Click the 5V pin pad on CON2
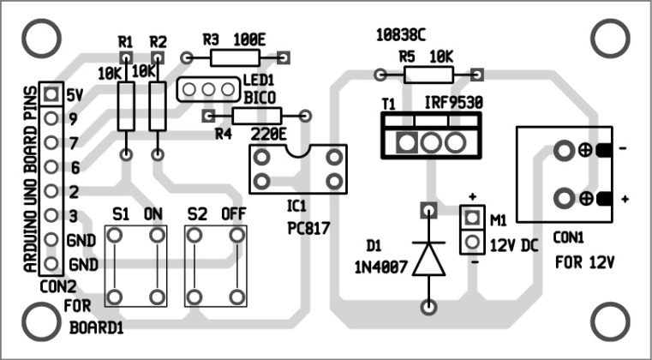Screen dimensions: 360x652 point(51,94)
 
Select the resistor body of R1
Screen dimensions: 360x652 point(126,107)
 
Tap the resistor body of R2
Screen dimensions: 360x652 point(157,107)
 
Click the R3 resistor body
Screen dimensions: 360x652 point(237,58)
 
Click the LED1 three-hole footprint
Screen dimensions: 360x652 point(206,88)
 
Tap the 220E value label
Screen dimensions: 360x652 point(267,134)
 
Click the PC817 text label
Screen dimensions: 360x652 point(309,229)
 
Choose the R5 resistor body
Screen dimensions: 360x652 point(428,75)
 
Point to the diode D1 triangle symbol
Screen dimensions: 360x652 point(428,257)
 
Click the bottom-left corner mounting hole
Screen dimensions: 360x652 point(39,321)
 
